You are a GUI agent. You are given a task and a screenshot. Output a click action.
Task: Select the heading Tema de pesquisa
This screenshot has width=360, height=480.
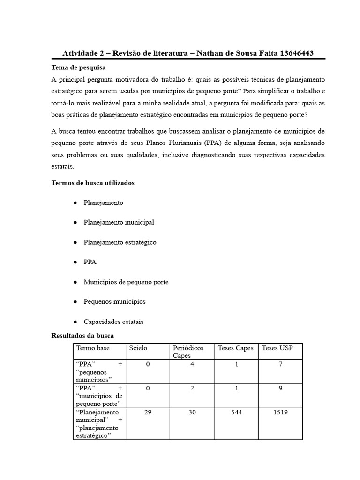[78, 67]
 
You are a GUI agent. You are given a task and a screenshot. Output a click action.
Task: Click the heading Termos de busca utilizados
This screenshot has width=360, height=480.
[92, 183]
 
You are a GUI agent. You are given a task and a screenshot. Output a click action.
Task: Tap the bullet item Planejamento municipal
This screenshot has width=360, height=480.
[119, 222]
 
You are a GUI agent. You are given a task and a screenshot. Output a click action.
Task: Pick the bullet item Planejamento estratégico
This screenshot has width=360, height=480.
[120, 242]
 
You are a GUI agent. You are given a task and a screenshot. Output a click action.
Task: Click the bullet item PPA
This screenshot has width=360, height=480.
[90, 262]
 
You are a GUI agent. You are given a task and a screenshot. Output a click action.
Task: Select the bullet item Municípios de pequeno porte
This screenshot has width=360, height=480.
[126, 282]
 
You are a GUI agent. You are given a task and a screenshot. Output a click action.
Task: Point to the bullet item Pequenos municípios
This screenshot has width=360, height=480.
[114, 301]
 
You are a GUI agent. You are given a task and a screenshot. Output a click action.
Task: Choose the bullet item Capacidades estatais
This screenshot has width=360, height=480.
[113, 322]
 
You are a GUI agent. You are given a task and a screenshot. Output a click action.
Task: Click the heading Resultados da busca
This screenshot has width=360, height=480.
[82, 336]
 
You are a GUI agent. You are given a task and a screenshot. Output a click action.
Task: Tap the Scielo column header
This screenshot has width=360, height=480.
[138, 348]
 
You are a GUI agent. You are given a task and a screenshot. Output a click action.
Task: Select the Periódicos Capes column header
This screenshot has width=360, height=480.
[188, 351]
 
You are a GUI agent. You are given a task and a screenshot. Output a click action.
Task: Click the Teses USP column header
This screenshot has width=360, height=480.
[276, 348]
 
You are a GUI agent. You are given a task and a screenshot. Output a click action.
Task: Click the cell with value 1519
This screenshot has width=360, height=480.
[280, 412]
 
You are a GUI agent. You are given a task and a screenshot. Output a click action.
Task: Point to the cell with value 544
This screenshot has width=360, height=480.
[236, 412]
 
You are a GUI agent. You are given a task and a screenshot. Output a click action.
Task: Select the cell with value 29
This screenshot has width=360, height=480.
[148, 412]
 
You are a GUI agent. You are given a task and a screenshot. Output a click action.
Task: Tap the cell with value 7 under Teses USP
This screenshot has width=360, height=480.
[280, 364]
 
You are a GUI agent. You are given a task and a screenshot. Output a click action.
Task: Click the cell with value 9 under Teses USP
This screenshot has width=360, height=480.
[280, 388]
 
